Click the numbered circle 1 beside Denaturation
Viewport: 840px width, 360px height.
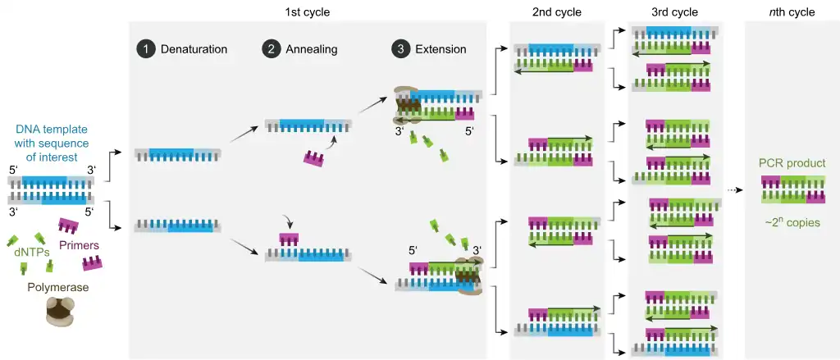pyautogui.click(x=145, y=49)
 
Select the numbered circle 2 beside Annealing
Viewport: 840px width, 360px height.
pyautogui.click(x=271, y=49)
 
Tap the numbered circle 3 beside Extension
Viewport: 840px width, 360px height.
pyautogui.click(x=400, y=49)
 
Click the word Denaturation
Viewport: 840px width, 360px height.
pyautogui.click(x=194, y=49)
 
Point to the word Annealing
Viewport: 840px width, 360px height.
pyautogui.click(x=311, y=49)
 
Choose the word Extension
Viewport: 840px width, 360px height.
pyautogui.click(x=440, y=49)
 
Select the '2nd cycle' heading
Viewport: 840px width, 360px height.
pyautogui.click(x=556, y=11)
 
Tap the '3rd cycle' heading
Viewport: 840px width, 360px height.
pyautogui.click(x=674, y=11)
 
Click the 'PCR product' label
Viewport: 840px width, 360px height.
pyautogui.click(x=792, y=163)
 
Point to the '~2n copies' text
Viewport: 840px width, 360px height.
pyautogui.click(x=792, y=222)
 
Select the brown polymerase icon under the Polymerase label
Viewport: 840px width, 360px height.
pyautogui.click(x=58, y=312)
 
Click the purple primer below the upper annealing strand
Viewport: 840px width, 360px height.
pyautogui.click(x=313, y=157)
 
